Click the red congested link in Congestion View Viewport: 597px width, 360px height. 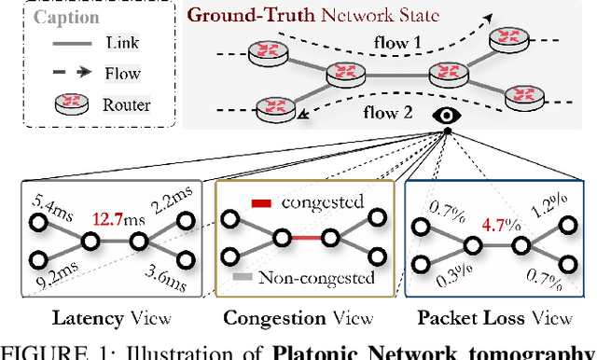pyautogui.click(x=300, y=239)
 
